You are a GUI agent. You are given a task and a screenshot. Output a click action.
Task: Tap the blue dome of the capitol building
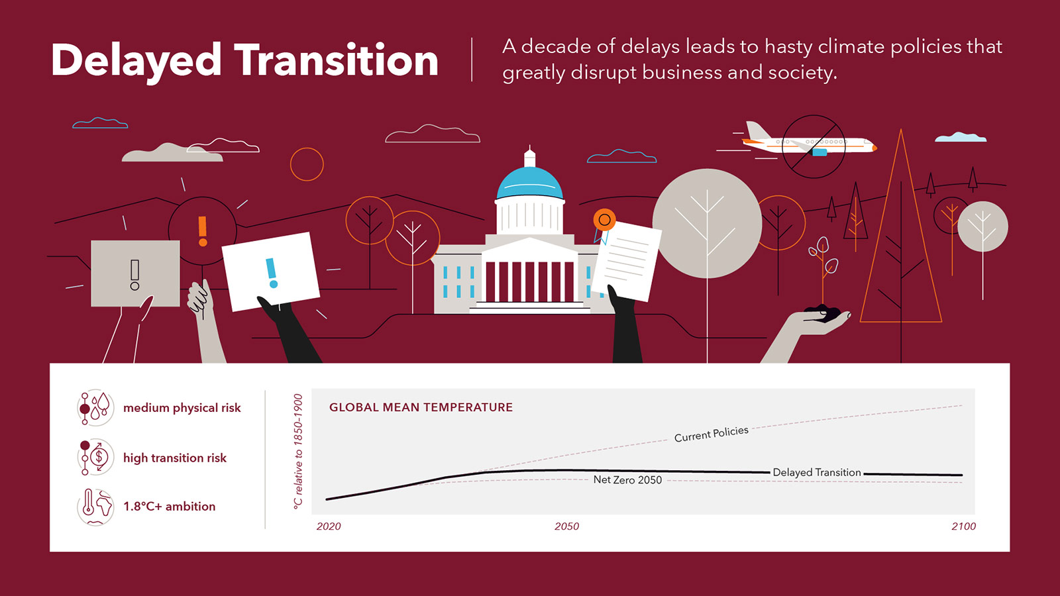tap(529, 183)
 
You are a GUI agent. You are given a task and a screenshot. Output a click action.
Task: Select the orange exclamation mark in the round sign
tap(203, 231)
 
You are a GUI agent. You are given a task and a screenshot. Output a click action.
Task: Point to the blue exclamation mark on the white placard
tap(272, 273)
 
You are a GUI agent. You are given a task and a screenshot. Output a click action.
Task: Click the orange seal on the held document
tap(604, 219)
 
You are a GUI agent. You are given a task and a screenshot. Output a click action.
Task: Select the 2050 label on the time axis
tap(566, 526)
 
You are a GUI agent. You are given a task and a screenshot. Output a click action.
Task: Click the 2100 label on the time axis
tap(963, 526)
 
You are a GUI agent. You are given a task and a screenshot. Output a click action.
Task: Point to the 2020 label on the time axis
tap(329, 526)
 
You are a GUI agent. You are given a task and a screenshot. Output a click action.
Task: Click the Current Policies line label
tap(712, 434)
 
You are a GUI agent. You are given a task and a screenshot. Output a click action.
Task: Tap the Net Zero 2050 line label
tap(627, 479)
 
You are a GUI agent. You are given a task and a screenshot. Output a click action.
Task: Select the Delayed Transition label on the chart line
tap(817, 472)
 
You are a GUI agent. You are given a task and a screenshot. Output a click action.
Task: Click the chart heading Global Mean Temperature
tap(421, 407)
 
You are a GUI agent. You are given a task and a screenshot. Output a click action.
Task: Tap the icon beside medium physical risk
tap(95, 408)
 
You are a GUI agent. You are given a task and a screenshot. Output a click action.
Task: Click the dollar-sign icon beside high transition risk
tap(99, 457)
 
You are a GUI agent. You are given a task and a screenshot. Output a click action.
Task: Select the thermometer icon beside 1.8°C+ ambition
tap(88, 503)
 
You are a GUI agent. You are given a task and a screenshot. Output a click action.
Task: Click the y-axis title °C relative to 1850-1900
tap(297, 452)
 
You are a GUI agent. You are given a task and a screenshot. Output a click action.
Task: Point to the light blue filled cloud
tap(961, 137)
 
